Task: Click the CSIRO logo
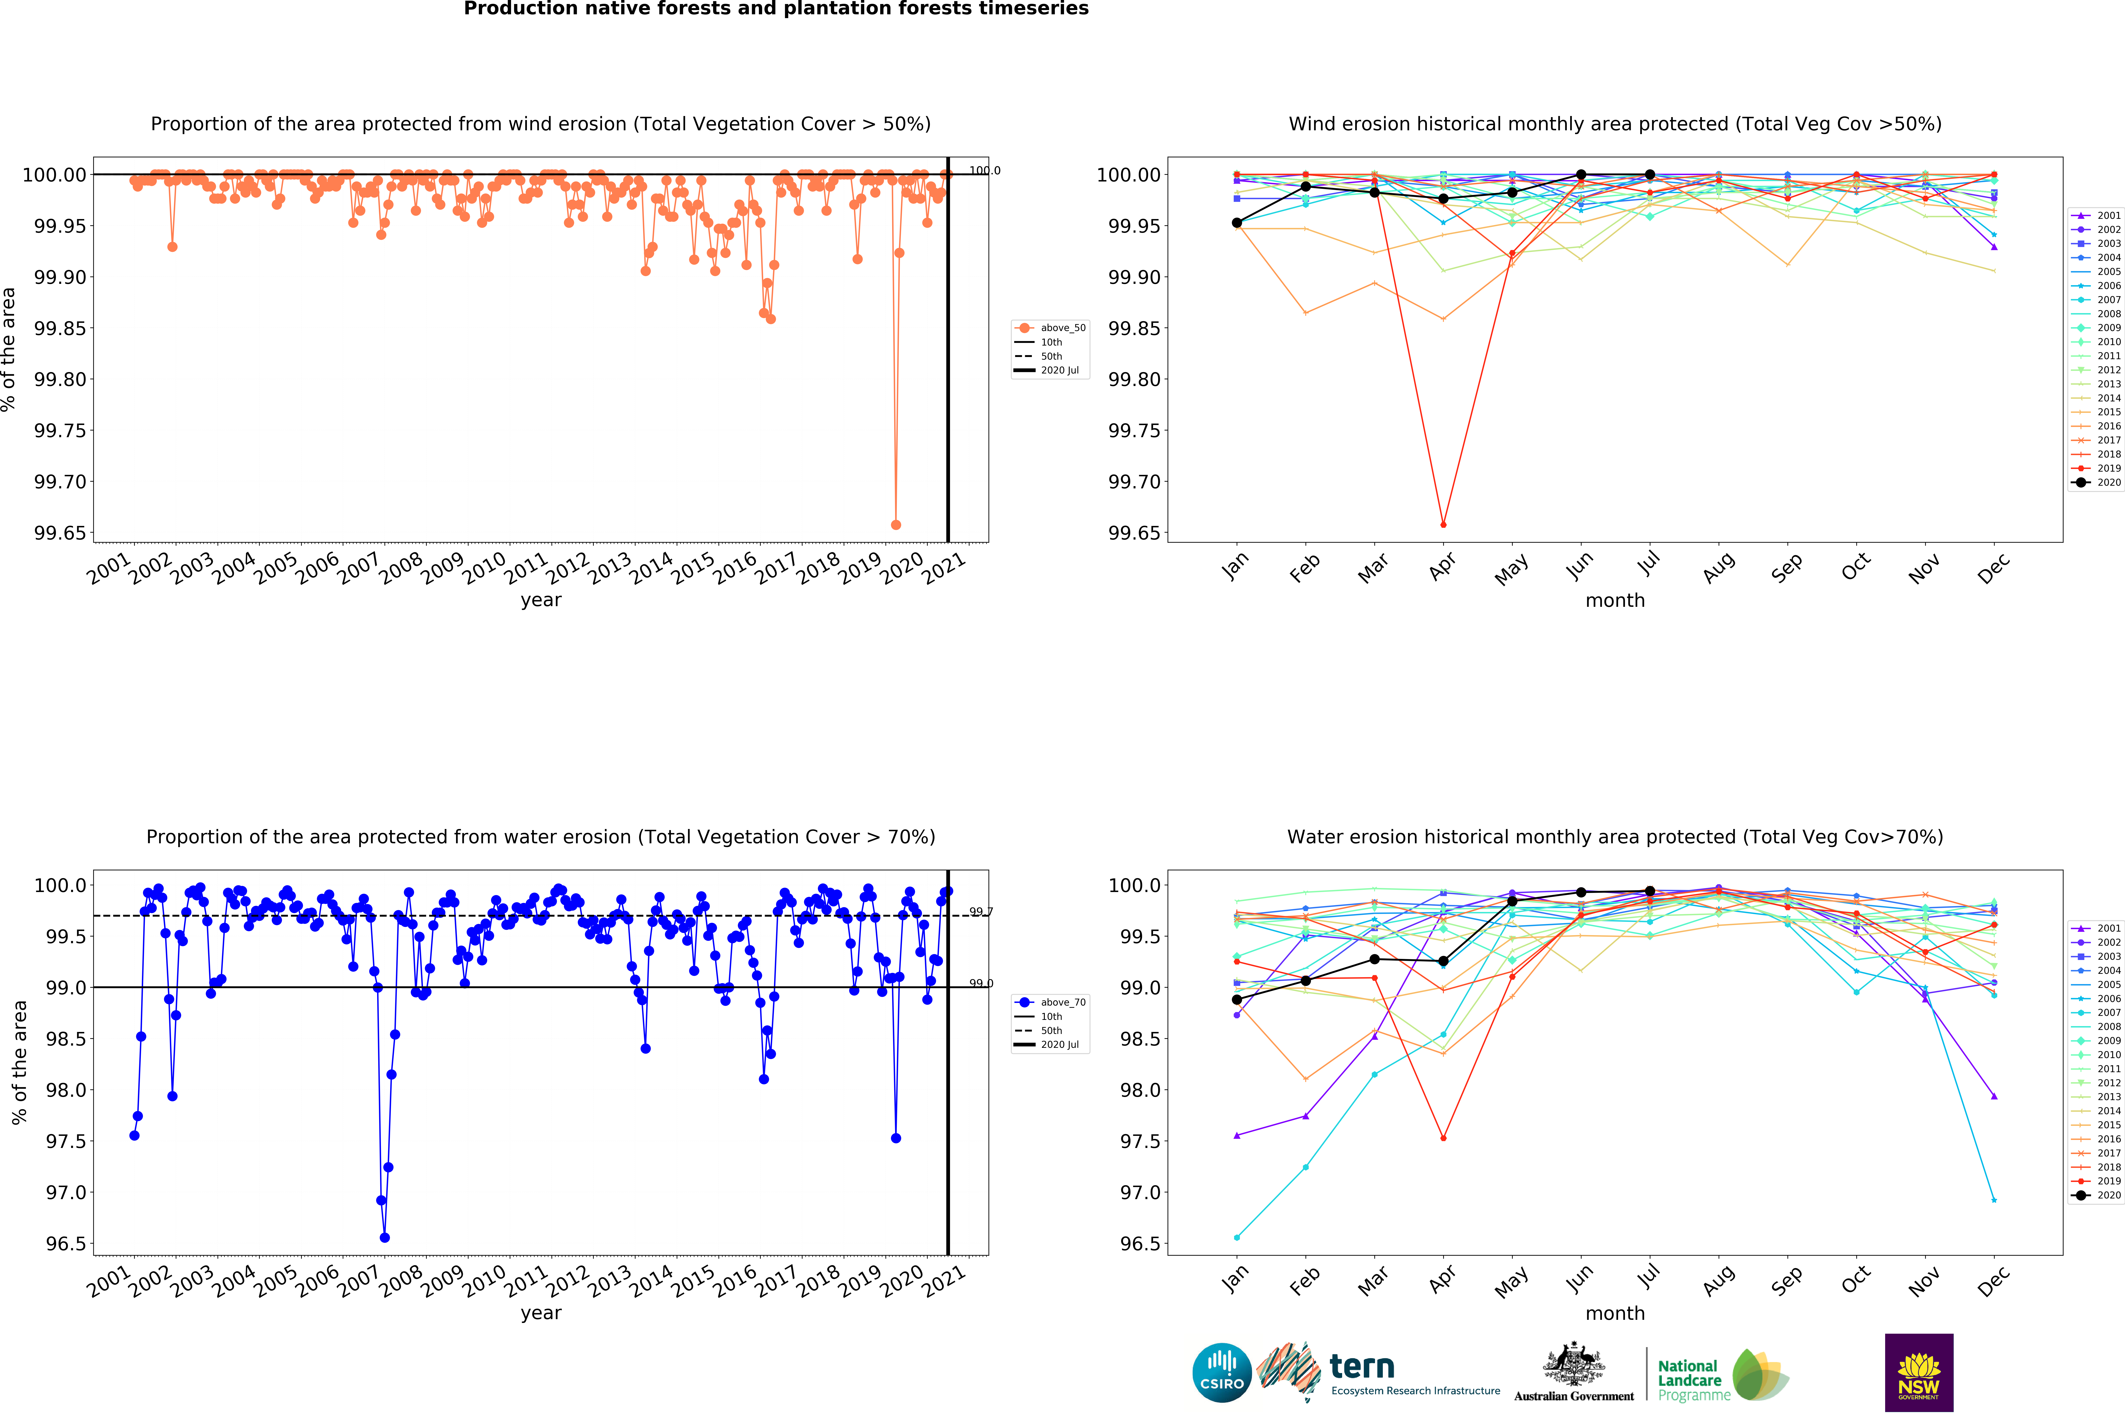point(1221,1372)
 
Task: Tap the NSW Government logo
point(1918,1372)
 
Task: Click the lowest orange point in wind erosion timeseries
point(895,525)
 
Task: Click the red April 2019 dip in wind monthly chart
point(1443,525)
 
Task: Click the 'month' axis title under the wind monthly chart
point(1615,600)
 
